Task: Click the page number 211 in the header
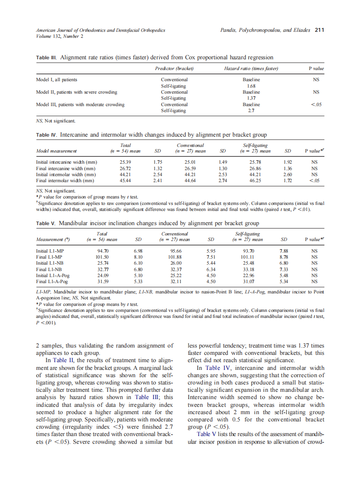[319, 30]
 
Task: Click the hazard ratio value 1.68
[252, 86]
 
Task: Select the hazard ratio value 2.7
[252, 110]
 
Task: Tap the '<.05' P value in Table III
[316, 104]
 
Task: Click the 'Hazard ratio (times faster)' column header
[252, 69]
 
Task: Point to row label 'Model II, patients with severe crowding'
[77, 92]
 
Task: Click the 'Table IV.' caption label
[46, 135]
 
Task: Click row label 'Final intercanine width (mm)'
[67, 168]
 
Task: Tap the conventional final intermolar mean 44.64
[190, 181]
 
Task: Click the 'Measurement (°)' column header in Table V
[54, 239]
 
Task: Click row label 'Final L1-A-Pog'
[52, 282]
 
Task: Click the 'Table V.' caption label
[46, 223]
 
